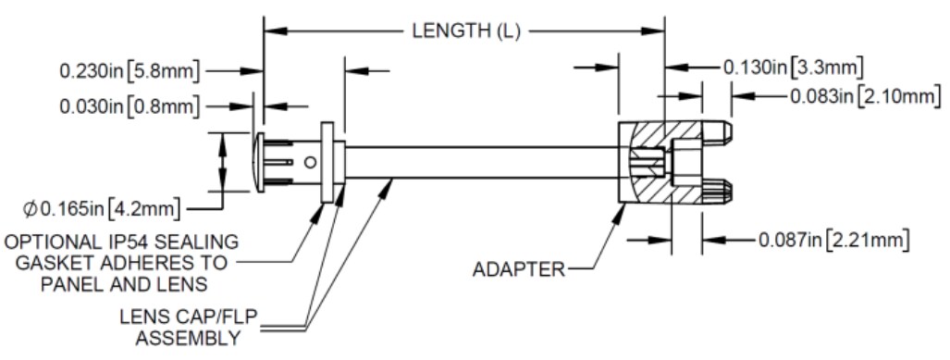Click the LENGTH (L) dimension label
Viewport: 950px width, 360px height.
coord(466,31)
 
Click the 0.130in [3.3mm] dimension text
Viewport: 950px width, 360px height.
coord(793,67)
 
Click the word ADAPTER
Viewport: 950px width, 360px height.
coord(518,270)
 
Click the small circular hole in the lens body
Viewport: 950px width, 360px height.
coord(311,161)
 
